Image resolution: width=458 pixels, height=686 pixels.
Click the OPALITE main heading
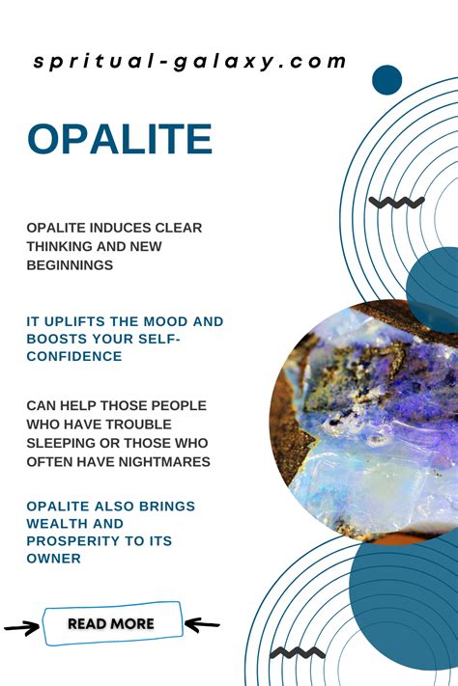[120, 139]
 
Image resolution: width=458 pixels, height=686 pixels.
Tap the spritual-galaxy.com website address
[189, 61]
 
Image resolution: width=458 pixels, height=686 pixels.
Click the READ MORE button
[112, 623]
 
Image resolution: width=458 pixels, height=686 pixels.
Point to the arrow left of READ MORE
[21, 628]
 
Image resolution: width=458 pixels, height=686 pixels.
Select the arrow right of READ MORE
[202, 624]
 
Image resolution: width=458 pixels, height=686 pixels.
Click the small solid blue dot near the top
[387, 80]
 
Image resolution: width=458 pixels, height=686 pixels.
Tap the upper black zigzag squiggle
[396, 202]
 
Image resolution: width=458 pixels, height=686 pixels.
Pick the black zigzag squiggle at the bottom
[298, 653]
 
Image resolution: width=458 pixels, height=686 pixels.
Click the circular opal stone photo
[363, 423]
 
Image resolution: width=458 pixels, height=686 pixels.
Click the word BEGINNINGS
[70, 265]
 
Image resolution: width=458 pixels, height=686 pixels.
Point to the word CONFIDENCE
[74, 356]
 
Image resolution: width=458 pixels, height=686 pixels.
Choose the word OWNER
[53, 559]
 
